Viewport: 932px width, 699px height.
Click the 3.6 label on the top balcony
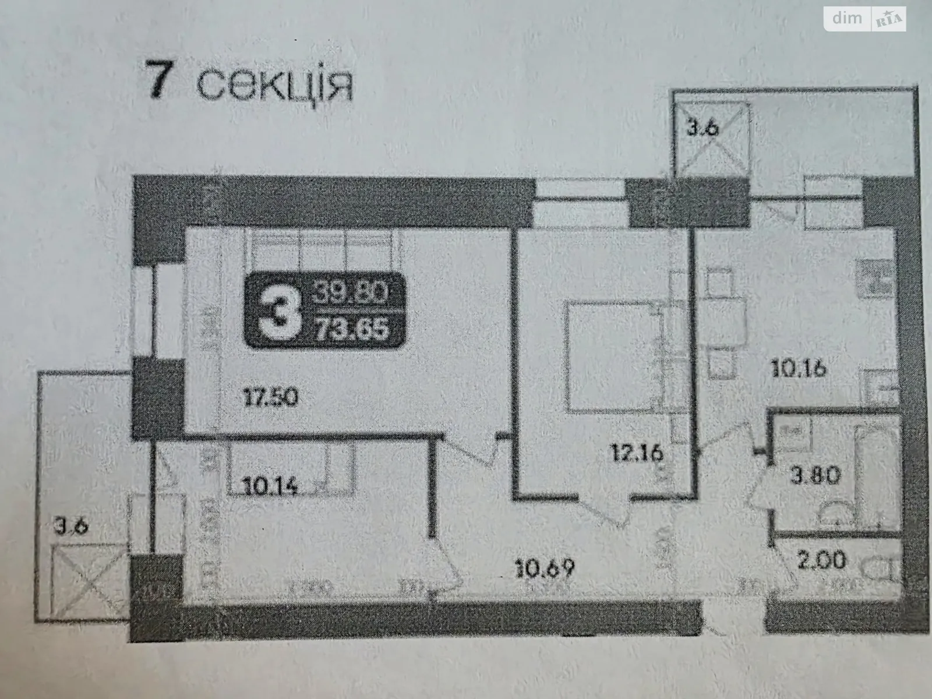pyautogui.click(x=701, y=128)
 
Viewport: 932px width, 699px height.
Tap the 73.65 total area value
pyautogui.click(x=351, y=331)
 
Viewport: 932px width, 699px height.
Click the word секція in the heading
pyautogui.click(x=274, y=86)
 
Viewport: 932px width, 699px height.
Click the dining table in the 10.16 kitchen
pyautogui.click(x=722, y=317)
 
